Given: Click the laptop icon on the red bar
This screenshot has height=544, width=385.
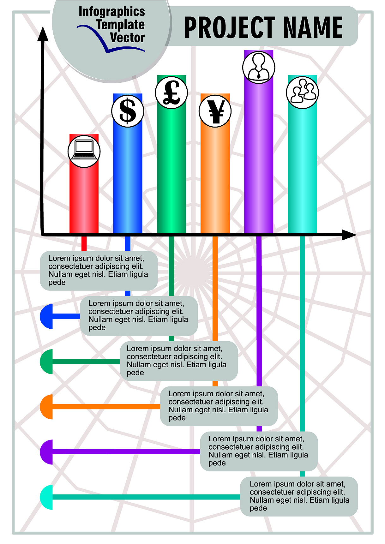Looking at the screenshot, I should click(84, 151).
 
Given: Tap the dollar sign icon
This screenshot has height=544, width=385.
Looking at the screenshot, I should click(128, 111).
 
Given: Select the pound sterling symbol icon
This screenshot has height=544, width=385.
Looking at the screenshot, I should click(171, 93).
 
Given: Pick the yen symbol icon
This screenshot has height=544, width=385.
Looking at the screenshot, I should click(215, 111).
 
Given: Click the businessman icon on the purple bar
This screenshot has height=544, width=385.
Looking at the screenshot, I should click(259, 67).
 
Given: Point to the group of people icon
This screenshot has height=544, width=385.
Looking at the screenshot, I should click(302, 93).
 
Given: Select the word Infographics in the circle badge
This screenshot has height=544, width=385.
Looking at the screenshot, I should click(111, 12).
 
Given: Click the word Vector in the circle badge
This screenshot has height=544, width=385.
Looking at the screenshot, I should click(127, 38).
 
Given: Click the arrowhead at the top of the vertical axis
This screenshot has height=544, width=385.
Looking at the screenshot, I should click(43, 34).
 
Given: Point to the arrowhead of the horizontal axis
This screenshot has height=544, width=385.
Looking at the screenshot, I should click(349, 235).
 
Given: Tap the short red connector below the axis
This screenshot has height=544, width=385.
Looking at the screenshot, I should click(84, 243).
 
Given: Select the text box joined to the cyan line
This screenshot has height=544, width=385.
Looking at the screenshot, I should click(299, 496).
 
